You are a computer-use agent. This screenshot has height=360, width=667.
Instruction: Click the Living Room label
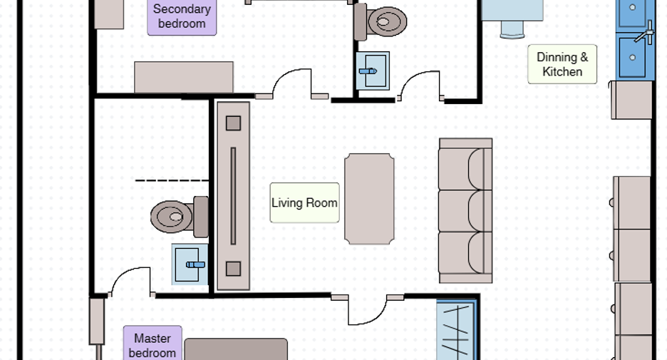tap(304, 202)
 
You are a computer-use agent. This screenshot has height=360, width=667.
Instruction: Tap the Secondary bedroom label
tap(182, 16)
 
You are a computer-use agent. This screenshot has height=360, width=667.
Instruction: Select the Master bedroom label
tap(152, 345)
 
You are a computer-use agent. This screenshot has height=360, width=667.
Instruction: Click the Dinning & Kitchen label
tap(562, 64)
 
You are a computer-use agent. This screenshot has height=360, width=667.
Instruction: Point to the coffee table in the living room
tap(369, 199)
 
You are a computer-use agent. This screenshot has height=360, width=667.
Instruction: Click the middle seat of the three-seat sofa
tap(466, 210)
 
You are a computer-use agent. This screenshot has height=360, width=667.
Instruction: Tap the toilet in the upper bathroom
tap(381, 21)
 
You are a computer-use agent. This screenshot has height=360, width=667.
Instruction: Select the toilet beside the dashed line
tap(180, 217)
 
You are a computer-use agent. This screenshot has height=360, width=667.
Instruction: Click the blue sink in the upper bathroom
tap(373, 71)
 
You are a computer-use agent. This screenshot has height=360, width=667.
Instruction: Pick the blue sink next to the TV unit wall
tap(190, 264)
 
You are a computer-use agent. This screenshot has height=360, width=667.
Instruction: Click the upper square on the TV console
tap(233, 123)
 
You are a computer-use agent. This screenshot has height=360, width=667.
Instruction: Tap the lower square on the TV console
tap(233, 269)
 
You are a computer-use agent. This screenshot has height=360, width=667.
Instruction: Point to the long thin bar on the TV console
tap(233, 196)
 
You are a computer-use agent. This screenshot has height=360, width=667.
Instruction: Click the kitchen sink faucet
tap(645, 33)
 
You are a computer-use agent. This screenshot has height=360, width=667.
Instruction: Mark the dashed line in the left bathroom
tap(172, 180)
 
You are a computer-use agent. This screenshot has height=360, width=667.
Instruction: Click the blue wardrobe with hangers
tap(455, 330)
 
